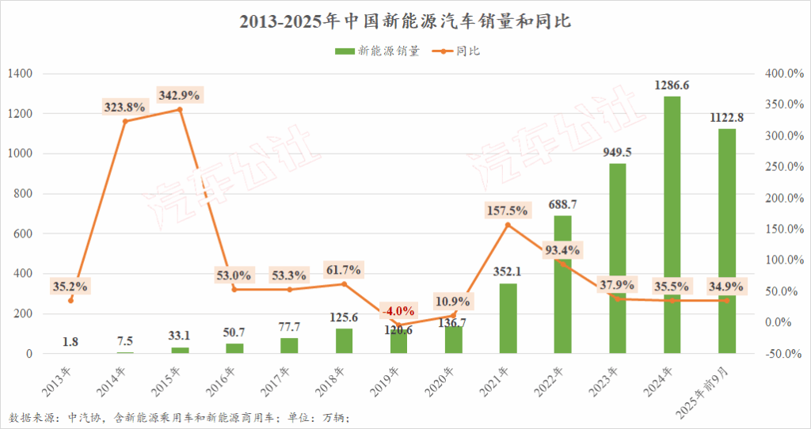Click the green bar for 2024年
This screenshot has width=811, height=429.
pyautogui.click(x=672, y=225)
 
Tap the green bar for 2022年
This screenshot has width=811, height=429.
pyautogui.click(x=562, y=284)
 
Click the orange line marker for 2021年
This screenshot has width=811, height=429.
pyautogui.click(x=508, y=225)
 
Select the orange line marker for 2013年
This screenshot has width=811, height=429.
pyautogui.click(x=70, y=300)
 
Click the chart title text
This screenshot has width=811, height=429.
pyautogui.click(x=405, y=22)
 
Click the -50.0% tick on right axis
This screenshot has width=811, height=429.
pyautogui.click(x=781, y=354)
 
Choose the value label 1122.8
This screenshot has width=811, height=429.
pyautogui.click(x=726, y=118)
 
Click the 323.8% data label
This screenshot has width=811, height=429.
pyautogui.click(x=124, y=106)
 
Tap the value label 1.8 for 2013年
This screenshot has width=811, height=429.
pyautogui.click(x=70, y=342)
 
